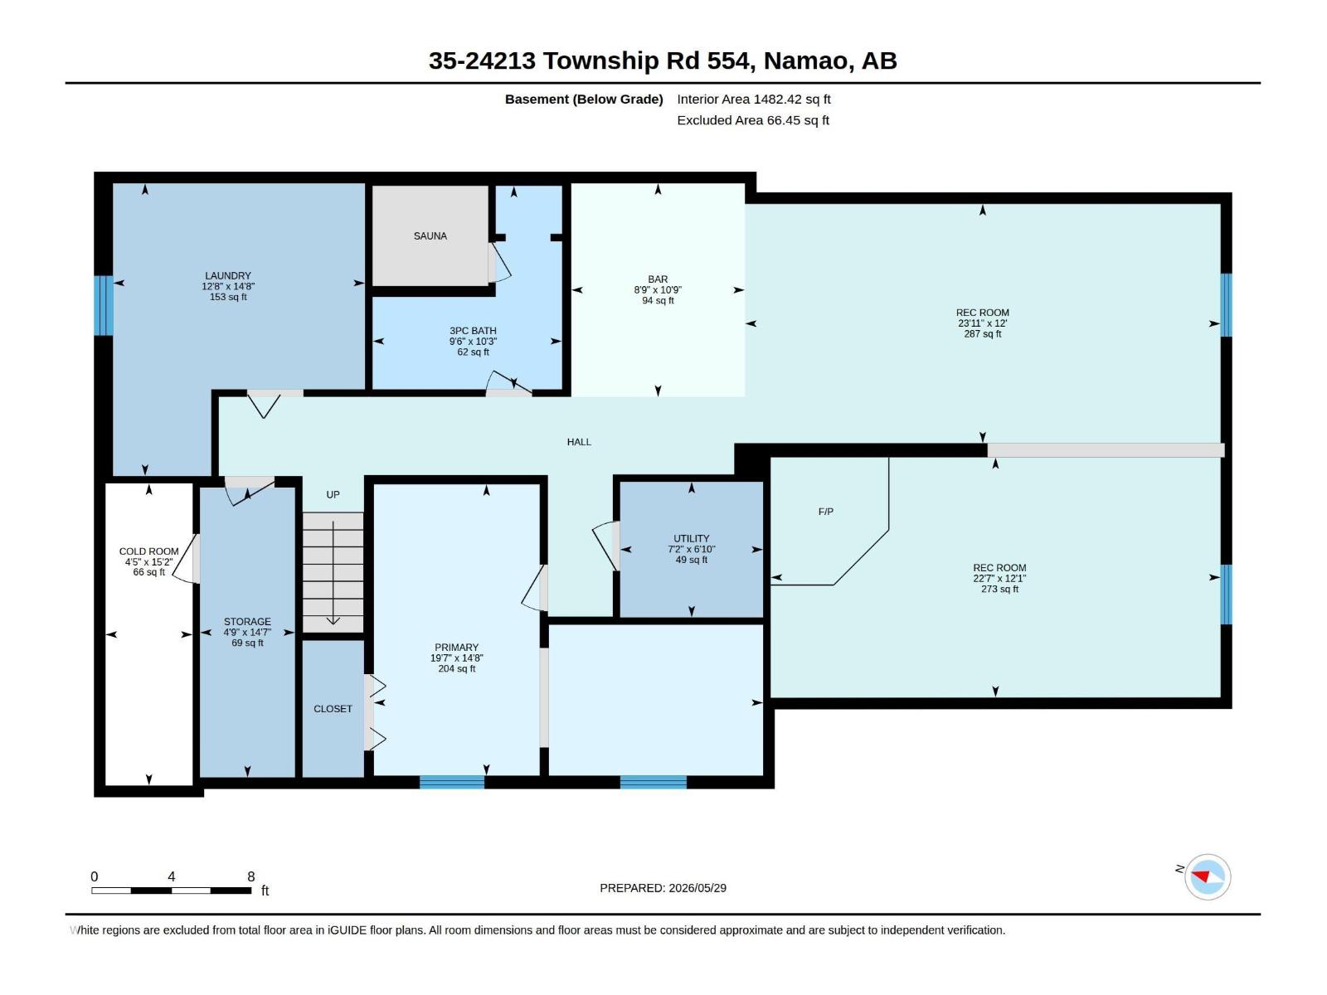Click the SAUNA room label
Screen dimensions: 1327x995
(430, 236)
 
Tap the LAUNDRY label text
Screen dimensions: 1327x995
(228, 275)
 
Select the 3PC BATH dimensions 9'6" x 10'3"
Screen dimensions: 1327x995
(473, 342)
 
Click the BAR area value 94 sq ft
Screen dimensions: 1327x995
(658, 300)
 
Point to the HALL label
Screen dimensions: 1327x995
(579, 442)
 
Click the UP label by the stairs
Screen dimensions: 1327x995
(333, 495)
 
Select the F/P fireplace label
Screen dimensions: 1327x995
(826, 512)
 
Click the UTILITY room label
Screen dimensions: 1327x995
(692, 538)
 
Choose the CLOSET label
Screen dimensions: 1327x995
(333, 709)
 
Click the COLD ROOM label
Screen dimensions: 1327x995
(148, 551)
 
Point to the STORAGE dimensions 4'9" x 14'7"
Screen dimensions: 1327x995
(247, 632)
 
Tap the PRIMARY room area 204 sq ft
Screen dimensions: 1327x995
(456, 669)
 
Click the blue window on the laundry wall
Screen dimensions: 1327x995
(104, 305)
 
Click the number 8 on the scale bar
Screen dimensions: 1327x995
(251, 876)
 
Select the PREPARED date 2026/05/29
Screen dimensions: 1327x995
(698, 888)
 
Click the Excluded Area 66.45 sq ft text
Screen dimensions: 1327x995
(753, 120)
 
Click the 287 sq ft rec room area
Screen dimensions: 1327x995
(983, 333)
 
